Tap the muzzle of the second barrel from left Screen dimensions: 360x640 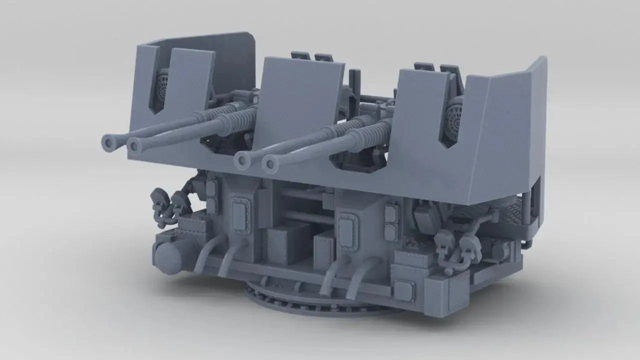coord(134,145)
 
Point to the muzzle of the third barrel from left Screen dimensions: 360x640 coord(242,160)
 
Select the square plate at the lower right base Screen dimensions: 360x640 coord(403,290)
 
